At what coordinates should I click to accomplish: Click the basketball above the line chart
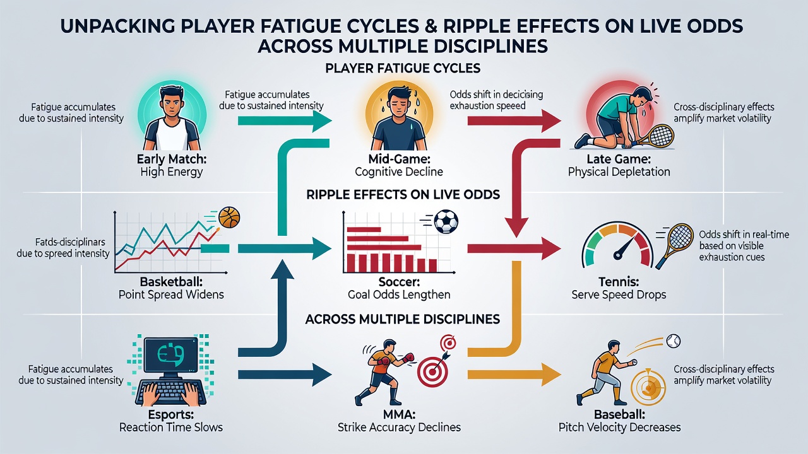229,217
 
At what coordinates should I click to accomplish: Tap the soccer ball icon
446,221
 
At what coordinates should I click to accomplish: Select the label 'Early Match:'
171,159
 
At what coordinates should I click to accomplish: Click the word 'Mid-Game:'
400,159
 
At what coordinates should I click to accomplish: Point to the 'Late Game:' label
619,159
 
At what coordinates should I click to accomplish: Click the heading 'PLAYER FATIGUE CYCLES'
403,68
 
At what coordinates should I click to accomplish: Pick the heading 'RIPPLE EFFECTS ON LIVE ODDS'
403,195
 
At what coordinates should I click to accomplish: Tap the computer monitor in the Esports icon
170,356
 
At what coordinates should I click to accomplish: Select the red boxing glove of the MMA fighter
408,358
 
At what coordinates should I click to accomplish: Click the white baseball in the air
673,341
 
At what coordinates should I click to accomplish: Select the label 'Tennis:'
619,281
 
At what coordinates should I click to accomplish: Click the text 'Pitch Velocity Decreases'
619,428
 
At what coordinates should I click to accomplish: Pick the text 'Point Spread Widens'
171,294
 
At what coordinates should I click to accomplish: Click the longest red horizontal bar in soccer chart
384,247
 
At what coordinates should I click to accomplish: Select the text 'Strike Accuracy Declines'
399,428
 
